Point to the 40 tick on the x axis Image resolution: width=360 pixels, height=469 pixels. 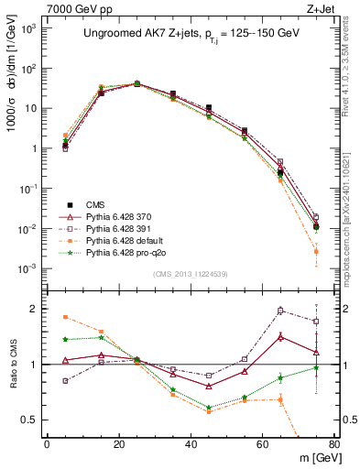coord(191,444)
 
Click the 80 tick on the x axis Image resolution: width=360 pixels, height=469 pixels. coord(334,444)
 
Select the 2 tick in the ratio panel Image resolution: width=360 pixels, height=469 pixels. coord(37,309)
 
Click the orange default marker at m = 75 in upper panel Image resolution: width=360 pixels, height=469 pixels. coord(316,251)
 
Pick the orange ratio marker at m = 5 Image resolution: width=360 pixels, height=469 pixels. coord(65,317)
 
